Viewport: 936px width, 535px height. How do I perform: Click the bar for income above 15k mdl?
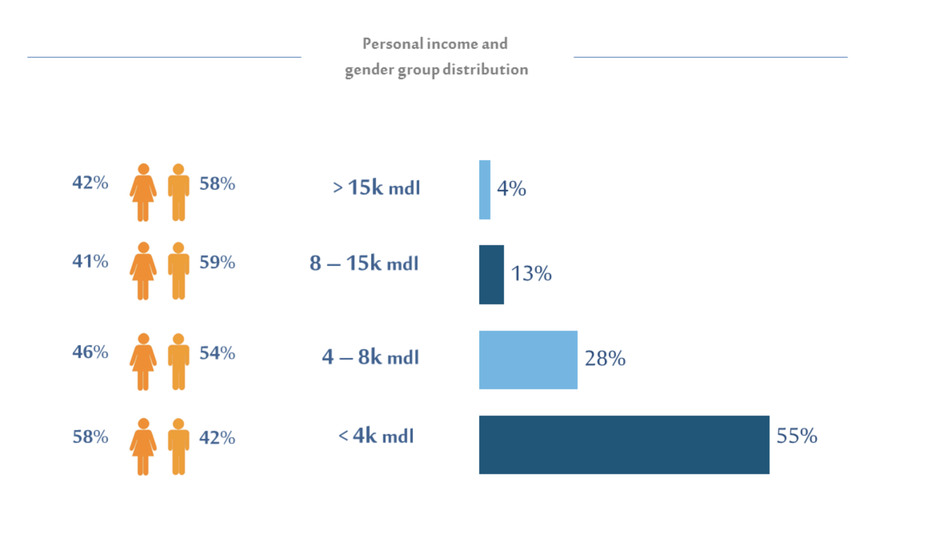click(484, 190)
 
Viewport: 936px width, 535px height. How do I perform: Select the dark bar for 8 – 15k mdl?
click(491, 275)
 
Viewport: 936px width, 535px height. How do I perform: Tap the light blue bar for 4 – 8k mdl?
click(528, 360)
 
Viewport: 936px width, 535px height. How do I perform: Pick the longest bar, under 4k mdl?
click(624, 444)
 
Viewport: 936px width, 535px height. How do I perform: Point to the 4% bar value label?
click(511, 189)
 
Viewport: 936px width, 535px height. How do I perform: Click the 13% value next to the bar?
click(531, 274)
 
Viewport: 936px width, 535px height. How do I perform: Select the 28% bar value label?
click(605, 358)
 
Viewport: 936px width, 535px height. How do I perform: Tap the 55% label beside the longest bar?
click(796, 436)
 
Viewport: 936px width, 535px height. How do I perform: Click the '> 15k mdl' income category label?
click(376, 187)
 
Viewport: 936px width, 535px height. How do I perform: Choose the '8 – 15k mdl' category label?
click(364, 263)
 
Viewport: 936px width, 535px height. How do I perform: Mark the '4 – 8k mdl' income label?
click(370, 357)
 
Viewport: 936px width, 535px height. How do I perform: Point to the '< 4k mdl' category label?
click(376, 436)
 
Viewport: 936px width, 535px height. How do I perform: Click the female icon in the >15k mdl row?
click(143, 192)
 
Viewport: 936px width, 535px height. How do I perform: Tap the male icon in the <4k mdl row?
click(178, 447)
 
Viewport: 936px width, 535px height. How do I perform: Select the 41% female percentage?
click(90, 261)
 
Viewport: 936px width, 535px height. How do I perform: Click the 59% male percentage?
click(217, 263)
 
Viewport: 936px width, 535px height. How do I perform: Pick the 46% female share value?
click(90, 352)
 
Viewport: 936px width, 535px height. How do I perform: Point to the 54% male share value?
click(217, 353)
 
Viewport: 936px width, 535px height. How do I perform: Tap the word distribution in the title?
click(485, 70)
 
